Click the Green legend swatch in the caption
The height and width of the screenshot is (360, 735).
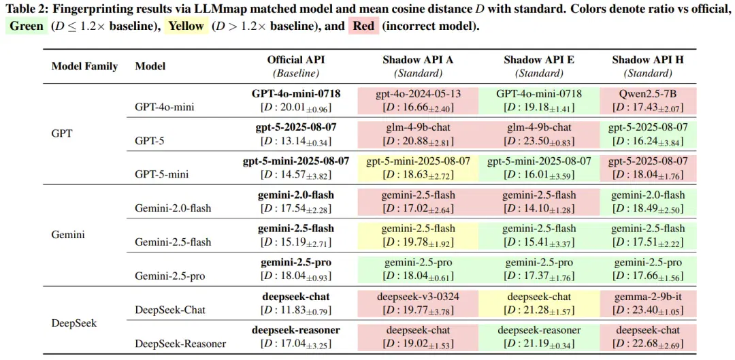pos(27,26)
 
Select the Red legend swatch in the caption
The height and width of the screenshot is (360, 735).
pos(363,26)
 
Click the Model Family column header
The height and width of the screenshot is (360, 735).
pos(84,66)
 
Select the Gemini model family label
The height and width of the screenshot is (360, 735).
pos(68,234)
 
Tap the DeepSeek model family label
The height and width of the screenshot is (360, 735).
pos(73,323)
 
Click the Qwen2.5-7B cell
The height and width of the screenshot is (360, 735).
pos(648,100)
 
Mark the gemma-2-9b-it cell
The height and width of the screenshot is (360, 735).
pos(648,304)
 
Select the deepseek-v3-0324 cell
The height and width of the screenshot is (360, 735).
pos(418,304)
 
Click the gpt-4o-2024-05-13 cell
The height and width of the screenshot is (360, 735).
pos(418,100)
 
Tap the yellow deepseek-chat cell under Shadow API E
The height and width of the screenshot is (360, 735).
pos(539,304)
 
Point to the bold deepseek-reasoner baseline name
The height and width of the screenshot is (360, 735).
pos(296,330)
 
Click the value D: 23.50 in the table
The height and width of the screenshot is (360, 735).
pos(539,142)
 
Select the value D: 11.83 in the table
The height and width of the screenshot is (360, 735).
pos(296,310)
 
